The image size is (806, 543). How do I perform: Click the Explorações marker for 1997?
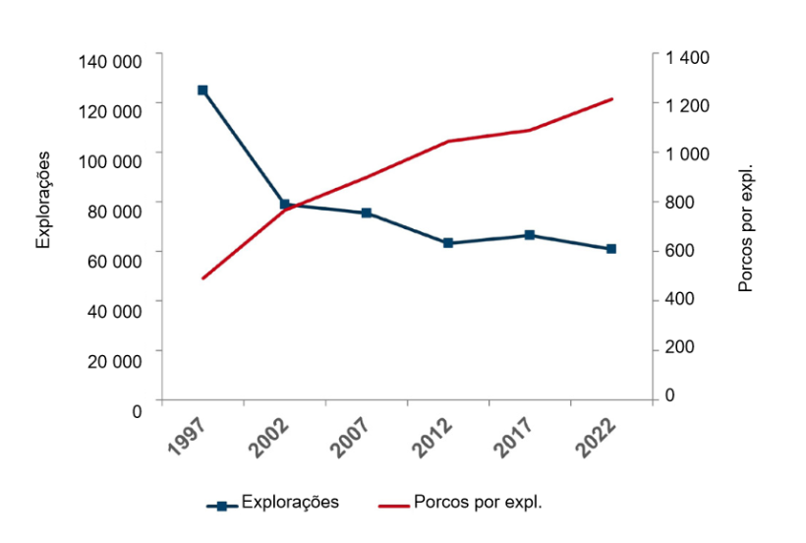click(x=202, y=90)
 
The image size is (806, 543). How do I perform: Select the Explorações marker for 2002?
click(x=285, y=205)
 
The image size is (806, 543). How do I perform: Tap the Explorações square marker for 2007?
click(x=367, y=213)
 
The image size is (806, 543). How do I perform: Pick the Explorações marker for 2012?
click(x=448, y=243)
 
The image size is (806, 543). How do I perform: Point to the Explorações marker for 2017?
click(x=530, y=235)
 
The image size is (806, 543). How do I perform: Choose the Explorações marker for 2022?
click(x=611, y=249)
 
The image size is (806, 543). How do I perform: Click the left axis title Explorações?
click(x=43, y=201)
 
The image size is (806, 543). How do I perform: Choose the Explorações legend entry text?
click(x=290, y=502)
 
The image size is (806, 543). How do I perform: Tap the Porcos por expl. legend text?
click(x=479, y=502)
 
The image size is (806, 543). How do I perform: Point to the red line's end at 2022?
click(x=611, y=99)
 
